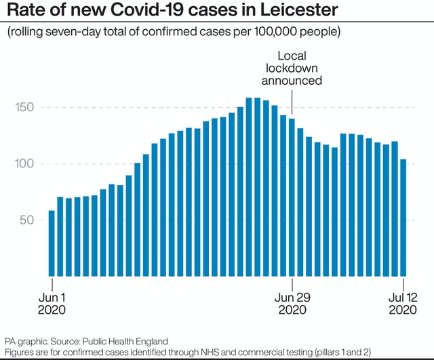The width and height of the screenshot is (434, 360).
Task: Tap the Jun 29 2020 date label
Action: pyautogui.click(x=292, y=304)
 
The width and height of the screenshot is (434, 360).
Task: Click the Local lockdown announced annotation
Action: pyautogui.click(x=292, y=68)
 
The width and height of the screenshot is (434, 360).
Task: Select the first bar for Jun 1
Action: pyautogui.click(x=52, y=241)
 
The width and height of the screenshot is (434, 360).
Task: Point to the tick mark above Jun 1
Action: pyautogui.click(x=52, y=283)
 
